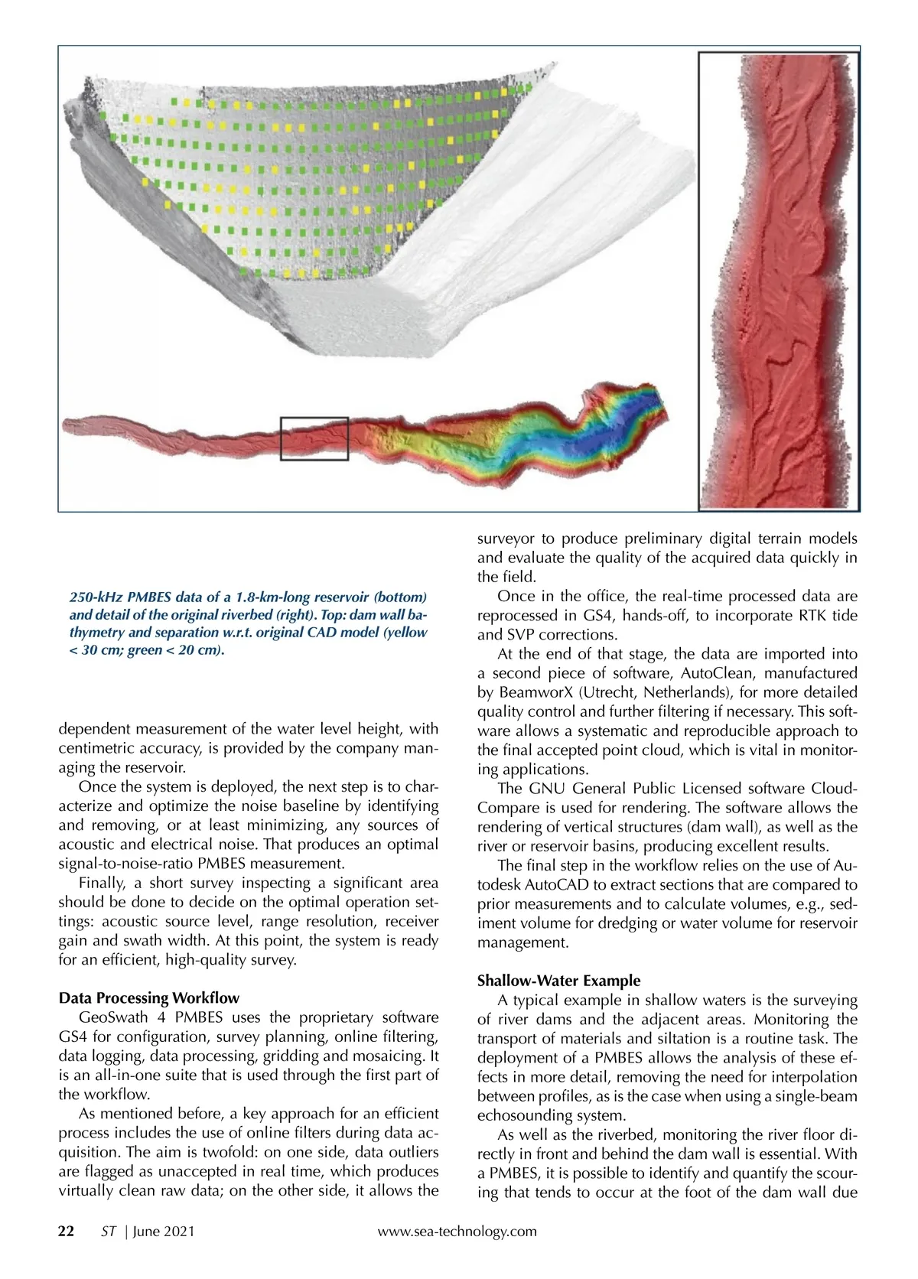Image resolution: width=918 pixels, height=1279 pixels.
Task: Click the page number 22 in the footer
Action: pos(67,1231)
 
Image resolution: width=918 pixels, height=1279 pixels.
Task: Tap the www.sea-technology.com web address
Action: pos(457,1231)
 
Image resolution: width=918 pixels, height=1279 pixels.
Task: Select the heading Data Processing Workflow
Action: pos(148,997)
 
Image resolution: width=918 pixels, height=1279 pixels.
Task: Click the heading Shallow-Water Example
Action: pos(559,980)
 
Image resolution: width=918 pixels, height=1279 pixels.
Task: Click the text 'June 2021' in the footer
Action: pos(164,1231)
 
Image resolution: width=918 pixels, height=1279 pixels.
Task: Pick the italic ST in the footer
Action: pos(108,1231)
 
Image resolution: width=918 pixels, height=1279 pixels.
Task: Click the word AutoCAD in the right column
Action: pos(595,884)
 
